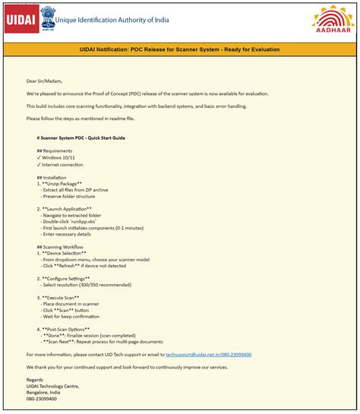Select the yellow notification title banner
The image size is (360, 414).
(179, 50)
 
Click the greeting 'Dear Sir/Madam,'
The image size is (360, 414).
(43, 81)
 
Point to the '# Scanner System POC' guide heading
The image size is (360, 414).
(81, 138)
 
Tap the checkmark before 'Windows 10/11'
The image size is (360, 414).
(39, 158)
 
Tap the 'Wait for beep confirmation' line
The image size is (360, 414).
(78, 317)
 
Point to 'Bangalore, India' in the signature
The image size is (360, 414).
(47, 392)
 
